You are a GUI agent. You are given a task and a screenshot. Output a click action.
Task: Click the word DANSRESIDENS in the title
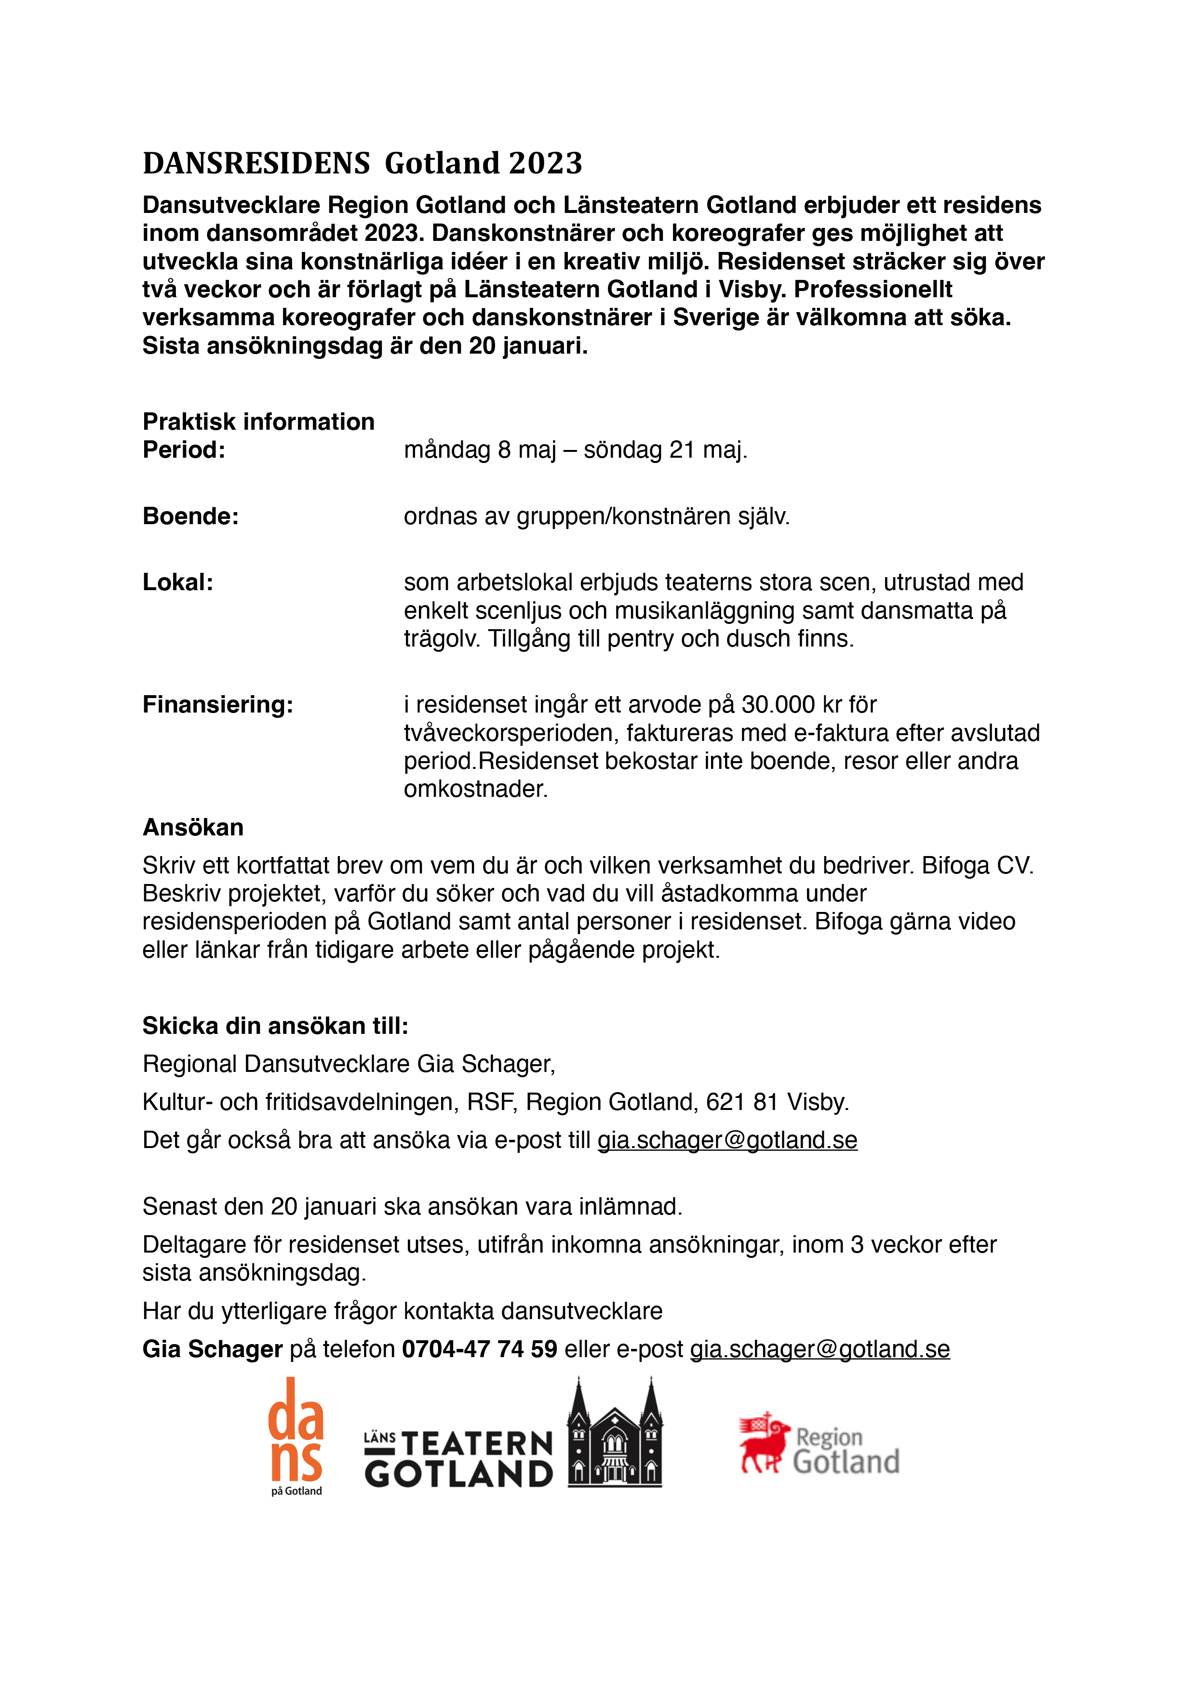click(256, 163)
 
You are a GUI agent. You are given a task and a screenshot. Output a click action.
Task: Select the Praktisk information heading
click(258, 422)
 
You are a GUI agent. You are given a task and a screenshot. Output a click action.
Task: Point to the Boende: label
click(191, 516)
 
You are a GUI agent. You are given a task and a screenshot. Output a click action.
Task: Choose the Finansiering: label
click(218, 704)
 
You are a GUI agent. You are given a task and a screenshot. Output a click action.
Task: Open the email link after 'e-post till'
click(727, 1140)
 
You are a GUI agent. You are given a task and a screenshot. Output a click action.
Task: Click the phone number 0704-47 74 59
click(479, 1349)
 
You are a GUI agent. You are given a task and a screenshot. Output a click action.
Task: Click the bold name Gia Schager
click(213, 1349)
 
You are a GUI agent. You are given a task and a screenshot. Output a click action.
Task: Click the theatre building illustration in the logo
click(615, 1435)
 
